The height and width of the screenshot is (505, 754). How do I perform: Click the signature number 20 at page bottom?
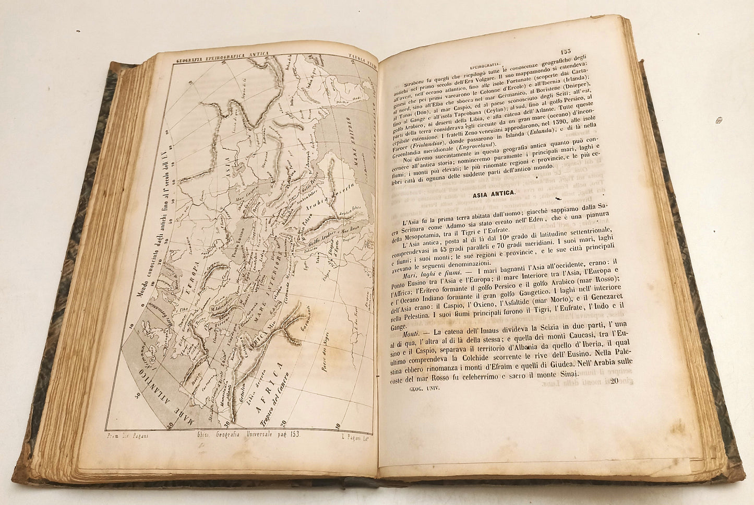pos(610,382)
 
